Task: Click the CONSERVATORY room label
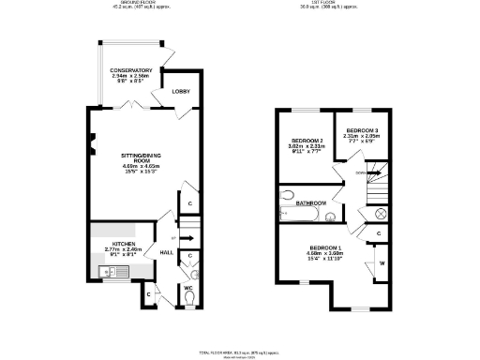point(130,71)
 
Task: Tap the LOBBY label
point(180,91)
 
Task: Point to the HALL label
point(166,252)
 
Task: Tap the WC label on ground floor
point(187,287)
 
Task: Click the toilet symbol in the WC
point(191,299)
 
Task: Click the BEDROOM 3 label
point(363,129)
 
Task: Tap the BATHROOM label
point(310,202)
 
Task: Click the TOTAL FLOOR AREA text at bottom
point(240,352)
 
